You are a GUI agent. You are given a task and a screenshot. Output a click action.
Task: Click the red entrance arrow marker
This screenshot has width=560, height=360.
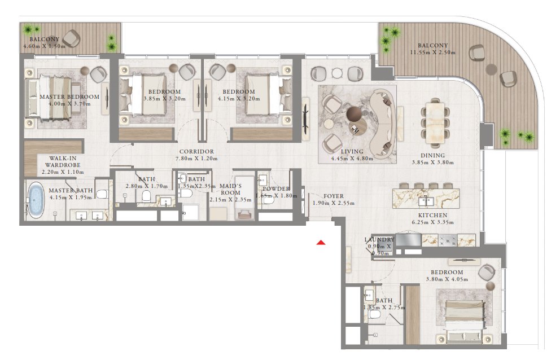coord(321,243)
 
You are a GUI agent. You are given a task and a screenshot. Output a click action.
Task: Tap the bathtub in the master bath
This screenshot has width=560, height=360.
coord(36,200)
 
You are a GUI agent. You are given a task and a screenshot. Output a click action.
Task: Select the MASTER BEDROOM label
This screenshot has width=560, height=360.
coord(69,97)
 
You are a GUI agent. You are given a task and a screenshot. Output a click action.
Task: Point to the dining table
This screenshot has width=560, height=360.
coord(435,120)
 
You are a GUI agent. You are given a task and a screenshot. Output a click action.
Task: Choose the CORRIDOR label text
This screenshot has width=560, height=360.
coord(197,151)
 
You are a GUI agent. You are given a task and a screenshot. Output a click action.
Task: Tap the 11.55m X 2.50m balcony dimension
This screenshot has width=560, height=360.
coord(433,52)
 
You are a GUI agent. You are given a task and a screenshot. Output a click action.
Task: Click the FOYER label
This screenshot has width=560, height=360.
coord(334,196)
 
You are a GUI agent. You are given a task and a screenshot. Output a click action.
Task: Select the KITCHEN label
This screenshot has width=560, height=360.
coord(433,216)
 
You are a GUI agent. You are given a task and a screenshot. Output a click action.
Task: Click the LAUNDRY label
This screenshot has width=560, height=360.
coord(379,240)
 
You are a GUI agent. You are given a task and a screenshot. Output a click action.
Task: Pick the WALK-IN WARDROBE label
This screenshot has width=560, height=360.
coord(63,161)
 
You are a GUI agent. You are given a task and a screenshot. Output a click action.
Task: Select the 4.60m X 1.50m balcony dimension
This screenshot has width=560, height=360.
coord(44,46)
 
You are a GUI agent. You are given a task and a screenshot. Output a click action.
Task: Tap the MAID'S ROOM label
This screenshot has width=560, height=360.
coord(230,189)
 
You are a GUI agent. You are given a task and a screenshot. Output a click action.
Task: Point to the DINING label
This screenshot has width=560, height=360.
coord(432,155)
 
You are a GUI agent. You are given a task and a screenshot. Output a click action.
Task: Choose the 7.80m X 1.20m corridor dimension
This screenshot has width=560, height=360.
coord(196,159)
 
